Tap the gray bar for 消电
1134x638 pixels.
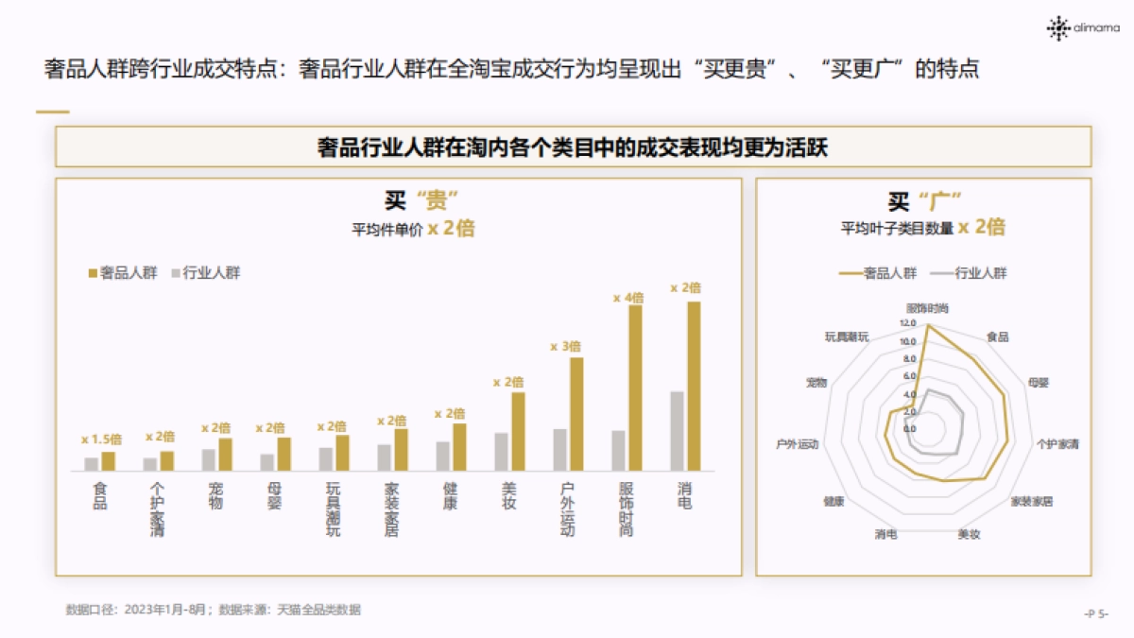(x=677, y=431)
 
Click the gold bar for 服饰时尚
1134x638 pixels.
(x=635, y=388)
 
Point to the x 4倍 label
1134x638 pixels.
(x=627, y=298)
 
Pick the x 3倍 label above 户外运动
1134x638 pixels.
(x=565, y=347)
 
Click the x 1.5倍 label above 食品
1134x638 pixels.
(x=101, y=440)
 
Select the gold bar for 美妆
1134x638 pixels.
(x=518, y=431)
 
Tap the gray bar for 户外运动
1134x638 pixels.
(x=559, y=450)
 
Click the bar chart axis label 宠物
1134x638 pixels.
(x=215, y=496)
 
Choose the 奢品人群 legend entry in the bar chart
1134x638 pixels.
(x=123, y=273)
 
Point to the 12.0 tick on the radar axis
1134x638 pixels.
(x=907, y=323)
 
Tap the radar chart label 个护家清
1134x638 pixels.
(x=1057, y=442)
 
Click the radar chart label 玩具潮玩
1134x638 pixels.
(x=846, y=336)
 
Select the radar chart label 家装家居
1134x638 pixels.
(x=1031, y=501)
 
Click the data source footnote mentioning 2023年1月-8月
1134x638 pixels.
(x=213, y=610)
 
